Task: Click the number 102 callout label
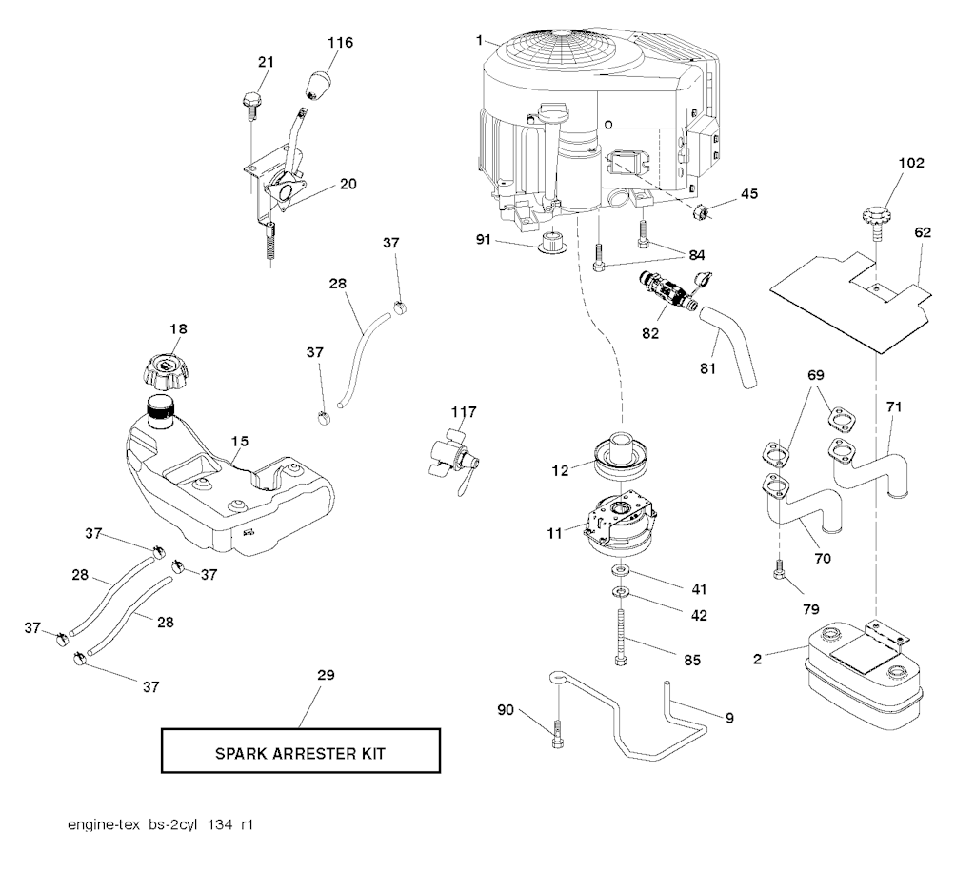tap(911, 163)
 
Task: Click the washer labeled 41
tap(620, 570)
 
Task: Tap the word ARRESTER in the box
tap(300, 754)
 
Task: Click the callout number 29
tap(326, 675)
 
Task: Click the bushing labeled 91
tap(552, 243)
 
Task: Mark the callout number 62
tap(923, 232)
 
